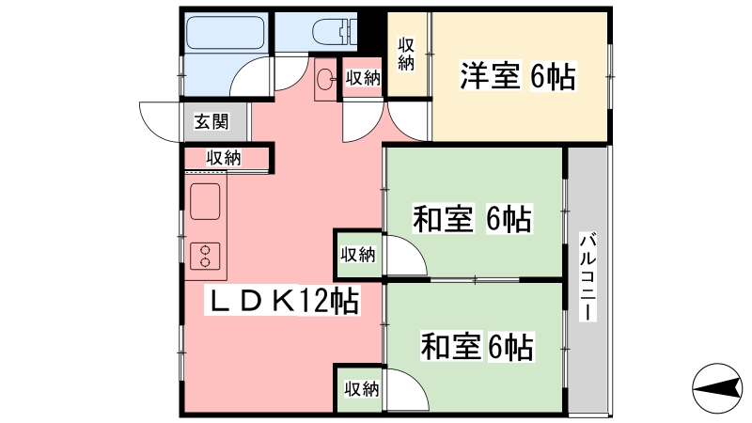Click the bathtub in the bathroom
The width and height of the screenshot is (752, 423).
tap(225, 33)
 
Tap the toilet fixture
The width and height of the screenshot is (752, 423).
tap(335, 32)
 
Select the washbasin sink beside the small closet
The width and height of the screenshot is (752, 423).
tap(326, 78)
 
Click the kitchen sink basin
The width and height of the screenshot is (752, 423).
tap(205, 201)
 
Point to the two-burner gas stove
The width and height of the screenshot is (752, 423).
tap(205, 256)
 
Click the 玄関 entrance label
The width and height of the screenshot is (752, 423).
tap(211, 122)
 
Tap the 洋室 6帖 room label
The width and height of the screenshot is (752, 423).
tap(518, 76)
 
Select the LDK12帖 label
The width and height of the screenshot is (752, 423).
tap(283, 301)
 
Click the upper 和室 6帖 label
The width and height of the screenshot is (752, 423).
tap(473, 218)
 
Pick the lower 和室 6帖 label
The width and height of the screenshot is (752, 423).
tap(478, 346)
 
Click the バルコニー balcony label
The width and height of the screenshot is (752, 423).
tap(587, 276)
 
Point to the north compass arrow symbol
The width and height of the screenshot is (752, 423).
tap(717, 388)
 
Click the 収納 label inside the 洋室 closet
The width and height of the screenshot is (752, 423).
tap(406, 54)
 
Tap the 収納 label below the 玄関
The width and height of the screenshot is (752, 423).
tap(224, 157)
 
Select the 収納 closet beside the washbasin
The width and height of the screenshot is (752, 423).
tap(363, 78)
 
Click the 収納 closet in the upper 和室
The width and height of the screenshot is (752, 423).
tap(358, 254)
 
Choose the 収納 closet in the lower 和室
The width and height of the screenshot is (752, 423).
tap(360, 389)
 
